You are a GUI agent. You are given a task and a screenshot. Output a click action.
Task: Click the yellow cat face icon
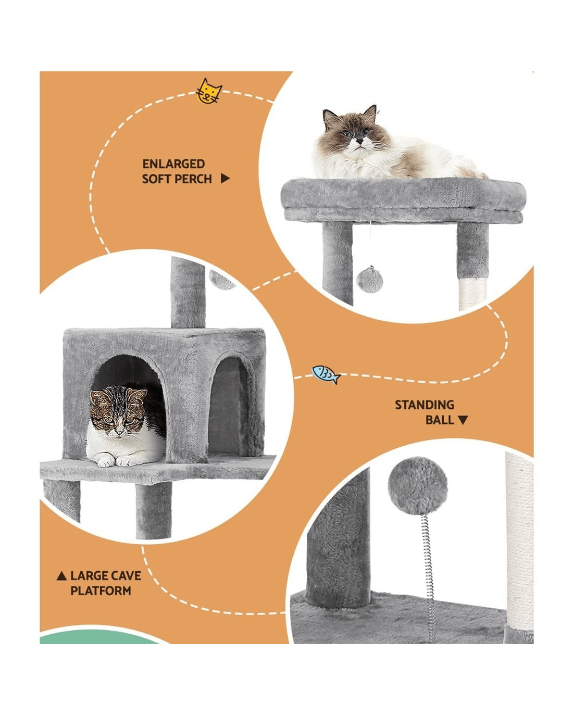click(209, 91)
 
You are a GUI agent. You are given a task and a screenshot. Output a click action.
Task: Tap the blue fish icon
click(326, 374)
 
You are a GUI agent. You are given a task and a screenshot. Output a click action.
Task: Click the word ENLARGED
click(173, 164)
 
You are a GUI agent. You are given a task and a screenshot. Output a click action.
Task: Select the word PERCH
click(194, 179)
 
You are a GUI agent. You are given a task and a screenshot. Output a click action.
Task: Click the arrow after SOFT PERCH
click(225, 179)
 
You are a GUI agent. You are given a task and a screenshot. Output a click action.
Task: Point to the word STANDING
click(425, 405)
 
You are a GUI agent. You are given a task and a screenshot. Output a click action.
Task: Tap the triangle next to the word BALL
click(463, 420)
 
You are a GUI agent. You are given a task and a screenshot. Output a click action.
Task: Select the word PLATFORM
click(101, 591)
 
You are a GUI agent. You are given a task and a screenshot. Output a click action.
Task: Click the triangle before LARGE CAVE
click(61, 575)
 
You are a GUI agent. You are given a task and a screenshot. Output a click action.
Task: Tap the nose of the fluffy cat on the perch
click(359, 141)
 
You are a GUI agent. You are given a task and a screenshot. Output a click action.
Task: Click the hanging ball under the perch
click(369, 279)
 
